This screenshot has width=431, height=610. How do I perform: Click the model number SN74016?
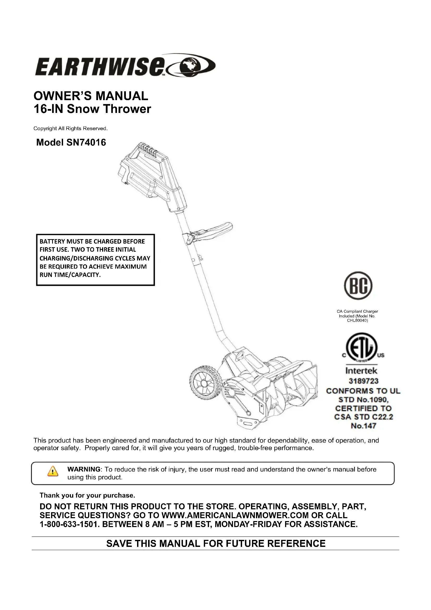point(86,143)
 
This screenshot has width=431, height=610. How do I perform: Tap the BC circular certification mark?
point(358,286)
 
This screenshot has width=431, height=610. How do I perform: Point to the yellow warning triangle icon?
point(53,471)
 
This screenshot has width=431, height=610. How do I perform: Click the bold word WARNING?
point(84,469)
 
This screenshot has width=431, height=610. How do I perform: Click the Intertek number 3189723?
point(363,381)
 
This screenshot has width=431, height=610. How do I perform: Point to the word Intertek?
point(361,371)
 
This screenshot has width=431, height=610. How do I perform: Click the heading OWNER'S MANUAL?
point(91,96)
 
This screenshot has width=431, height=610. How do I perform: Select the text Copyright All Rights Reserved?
point(70,129)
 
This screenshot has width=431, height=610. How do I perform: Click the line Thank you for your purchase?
point(87,495)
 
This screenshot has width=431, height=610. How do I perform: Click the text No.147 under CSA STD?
point(363,426)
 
